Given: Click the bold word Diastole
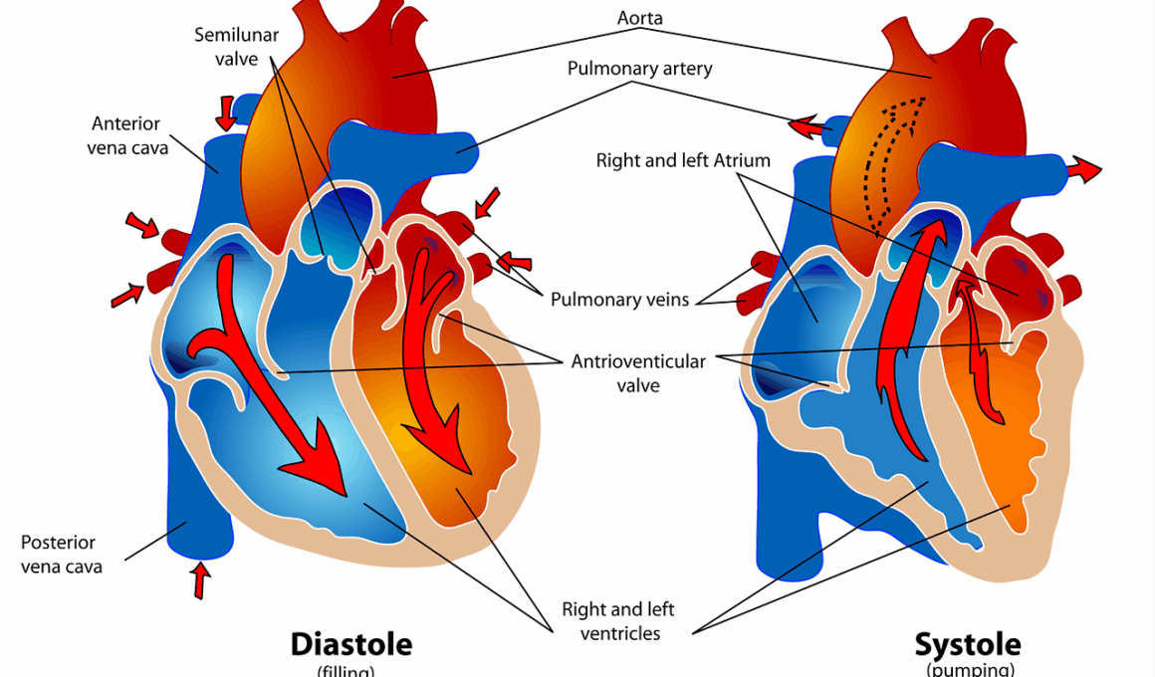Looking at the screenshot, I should click(x=350, y=643).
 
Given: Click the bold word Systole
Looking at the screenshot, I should click(x=968, y=643).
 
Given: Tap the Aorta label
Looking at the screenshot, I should click(x=639, y=18).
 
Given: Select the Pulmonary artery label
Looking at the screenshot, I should click(x=639, y=69).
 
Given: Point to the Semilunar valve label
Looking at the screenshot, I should click(x=236, y=47).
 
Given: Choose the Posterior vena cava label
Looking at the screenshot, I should click(x=61, y=555).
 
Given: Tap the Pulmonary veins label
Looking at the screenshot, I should click(x=619, y=300).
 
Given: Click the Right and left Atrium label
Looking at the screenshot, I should click(x=683, y=160).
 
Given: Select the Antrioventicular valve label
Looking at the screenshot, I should click(x=638, y=372).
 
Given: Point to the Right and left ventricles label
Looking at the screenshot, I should click(x=611, y=620).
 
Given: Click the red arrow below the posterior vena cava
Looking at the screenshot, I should click(x=201, y=579).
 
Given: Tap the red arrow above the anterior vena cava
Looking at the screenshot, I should click(x=227, y=113).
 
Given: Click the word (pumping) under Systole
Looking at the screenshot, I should click(x=970, y=670).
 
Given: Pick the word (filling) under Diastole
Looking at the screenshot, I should click(x=346, y=671).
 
